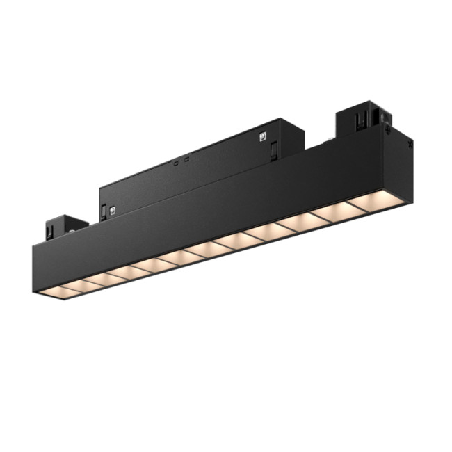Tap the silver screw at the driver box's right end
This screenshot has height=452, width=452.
[x=264, y=136]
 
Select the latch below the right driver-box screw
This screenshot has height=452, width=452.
[x=274, y=148]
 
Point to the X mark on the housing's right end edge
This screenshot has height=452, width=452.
[x=410, y=145]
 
